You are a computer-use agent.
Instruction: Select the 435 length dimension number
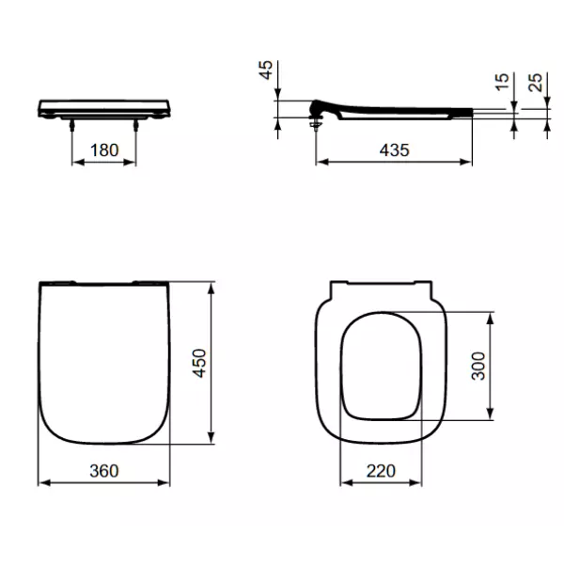(393, 149)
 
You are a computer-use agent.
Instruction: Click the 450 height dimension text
(198, 359)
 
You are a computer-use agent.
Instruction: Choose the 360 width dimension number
(103, 470)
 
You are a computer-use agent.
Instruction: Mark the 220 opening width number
(383, 470)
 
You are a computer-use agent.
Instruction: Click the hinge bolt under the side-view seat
(316, 118)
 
